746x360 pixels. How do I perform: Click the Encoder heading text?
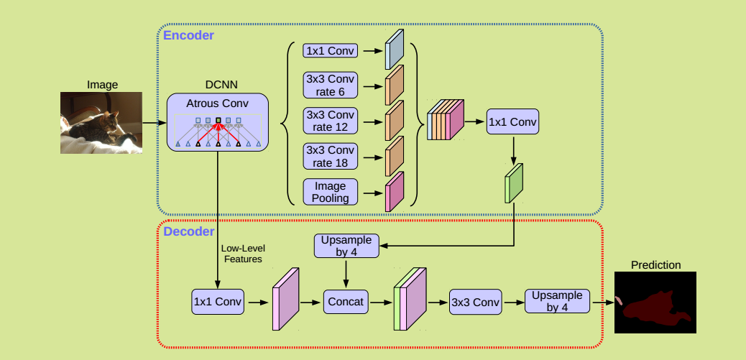tap(188, 34)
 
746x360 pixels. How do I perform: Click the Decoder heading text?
tap(188, 231)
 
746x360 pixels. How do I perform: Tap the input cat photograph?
tap(101, 122)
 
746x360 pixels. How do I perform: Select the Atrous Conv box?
tap(218, 122)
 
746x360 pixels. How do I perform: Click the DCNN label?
tap(217, 85)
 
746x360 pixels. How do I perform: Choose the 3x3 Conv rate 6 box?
tap(331, 86)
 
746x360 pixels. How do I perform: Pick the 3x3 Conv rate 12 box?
tap(331, 121)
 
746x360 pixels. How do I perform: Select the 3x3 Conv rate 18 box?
tap(331, 157)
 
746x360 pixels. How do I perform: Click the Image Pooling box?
tap(331, 192)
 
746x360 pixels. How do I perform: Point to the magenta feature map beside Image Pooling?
tap(395, 192)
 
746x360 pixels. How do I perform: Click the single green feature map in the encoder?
tap(515, 183)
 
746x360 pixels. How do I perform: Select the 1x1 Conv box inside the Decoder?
tap(218, 302)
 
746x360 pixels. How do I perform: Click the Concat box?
tap(346, 302)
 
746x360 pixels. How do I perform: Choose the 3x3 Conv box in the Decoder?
tap(474, 302)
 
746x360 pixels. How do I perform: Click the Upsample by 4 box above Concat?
tap(346, 246)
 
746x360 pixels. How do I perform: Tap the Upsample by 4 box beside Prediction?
tap(557, 302)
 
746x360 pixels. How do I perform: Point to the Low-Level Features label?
tap(241, 254)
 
